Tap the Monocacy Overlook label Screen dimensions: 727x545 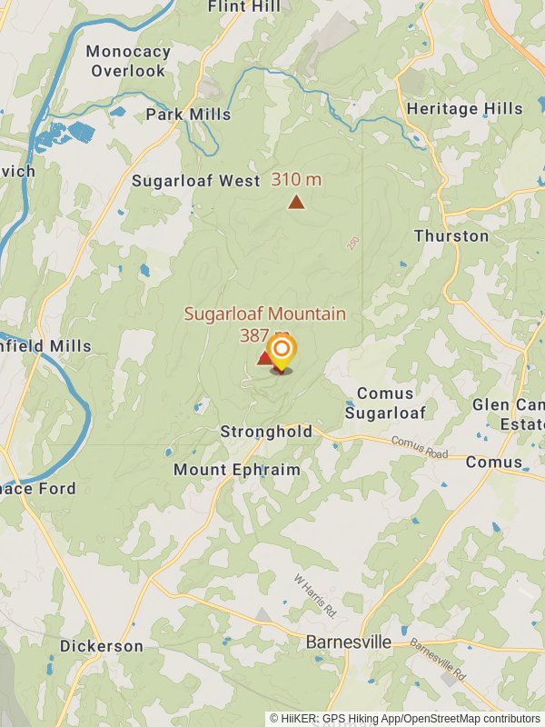click(128, 61)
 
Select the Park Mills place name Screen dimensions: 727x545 click(188, 115)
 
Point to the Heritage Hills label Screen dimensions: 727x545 click(465, 109)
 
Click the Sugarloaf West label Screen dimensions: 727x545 click(196, 181)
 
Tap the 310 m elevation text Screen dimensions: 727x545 click(296, 179)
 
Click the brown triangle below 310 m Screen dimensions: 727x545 click(296, 202)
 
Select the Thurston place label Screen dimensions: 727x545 click(451, 236)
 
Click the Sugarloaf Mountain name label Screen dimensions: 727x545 click(264, 314)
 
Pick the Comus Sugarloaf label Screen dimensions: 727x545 click(385, 403)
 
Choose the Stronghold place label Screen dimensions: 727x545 click(266, 433)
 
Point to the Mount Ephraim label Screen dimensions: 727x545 click(236, 470)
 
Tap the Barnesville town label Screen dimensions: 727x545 click(348, 642)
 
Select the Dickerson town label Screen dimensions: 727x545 click(102, 646)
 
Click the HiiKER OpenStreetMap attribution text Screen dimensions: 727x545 click(404, 718)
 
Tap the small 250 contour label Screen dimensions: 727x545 click(352, 244)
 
